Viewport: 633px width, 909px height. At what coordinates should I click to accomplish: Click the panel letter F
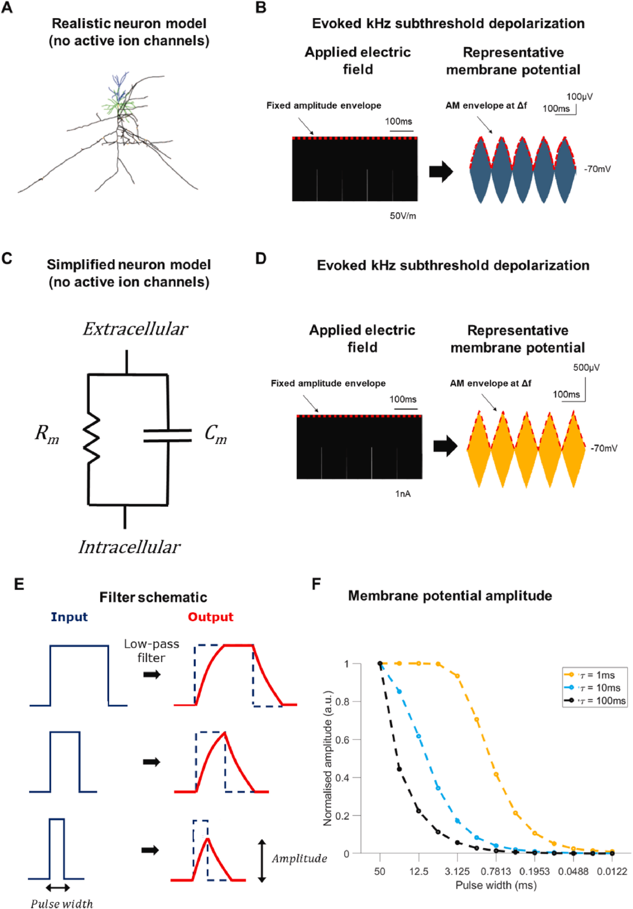316,585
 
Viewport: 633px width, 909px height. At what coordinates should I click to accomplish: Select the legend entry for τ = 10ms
594,688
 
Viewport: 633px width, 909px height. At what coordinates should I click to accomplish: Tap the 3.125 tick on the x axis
457,871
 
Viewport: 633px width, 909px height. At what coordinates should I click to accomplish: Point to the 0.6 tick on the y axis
342,740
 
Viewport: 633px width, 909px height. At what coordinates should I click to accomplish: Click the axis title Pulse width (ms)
496,885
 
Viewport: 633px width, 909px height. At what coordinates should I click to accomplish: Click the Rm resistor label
47,433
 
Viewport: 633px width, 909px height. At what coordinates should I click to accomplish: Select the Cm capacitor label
215,433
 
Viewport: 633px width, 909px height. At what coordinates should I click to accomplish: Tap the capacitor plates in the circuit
168,435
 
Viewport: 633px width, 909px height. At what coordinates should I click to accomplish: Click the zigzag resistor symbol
91,438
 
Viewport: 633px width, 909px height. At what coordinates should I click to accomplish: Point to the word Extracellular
135,329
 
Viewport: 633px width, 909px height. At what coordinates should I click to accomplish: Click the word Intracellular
130,547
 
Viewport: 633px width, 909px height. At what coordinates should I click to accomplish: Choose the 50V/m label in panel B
403,216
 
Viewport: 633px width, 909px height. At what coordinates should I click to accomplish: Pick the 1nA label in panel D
403,494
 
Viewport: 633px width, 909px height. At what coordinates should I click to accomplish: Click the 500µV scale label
586,368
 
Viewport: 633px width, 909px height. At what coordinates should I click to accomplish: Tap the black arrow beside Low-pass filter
152,674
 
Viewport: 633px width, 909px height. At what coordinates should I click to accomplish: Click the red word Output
210,617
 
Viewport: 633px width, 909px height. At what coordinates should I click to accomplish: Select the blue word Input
69,617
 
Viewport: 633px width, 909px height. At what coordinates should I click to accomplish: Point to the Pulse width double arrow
57,888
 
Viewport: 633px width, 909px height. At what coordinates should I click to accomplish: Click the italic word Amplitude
300,859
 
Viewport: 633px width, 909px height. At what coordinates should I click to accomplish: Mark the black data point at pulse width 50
380,663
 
